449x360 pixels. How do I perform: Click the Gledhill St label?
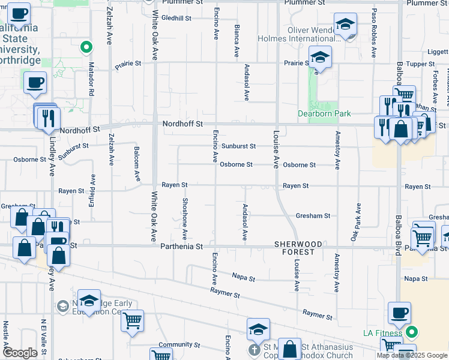pos(176,18)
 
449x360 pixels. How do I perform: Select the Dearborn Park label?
pos(324,113)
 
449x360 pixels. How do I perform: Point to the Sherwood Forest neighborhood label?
pos(295,248)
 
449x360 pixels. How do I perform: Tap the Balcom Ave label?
pos(137,166)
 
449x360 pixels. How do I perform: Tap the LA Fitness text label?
pos(384,332)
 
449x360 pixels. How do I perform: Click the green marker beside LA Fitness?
pos(412,331)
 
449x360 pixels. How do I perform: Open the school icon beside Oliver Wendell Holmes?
pos(345,25)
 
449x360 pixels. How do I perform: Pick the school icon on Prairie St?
pos(321,58)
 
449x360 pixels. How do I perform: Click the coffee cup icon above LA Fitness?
pos(399,313)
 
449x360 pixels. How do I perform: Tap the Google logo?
pos(20,353)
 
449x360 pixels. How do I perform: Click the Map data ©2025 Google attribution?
pos(412,355)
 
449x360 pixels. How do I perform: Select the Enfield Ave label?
pos(92,188)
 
